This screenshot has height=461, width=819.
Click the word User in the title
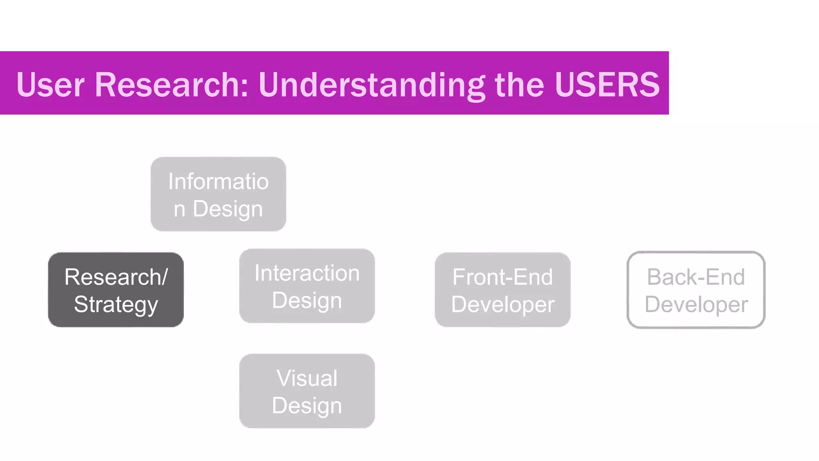[x=50, y=84]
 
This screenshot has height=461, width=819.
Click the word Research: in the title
[x=172, y=84]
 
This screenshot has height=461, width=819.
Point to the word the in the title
[x=519, y=84]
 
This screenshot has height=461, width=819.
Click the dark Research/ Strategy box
[x=116, y=290]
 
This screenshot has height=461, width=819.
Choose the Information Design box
[x=218, y=194]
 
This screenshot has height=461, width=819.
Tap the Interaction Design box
[x=307, y=286]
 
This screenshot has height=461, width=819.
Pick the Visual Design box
[x=307, y=391]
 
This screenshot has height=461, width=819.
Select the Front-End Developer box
[x=502, y=290]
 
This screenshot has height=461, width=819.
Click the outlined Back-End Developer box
[x=696, y=290]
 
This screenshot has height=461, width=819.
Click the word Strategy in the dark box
[x=116, y=305]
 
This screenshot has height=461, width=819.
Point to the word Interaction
[x=307, y=273]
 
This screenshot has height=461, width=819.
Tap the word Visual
[x=307, y=378]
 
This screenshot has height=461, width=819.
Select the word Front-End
[x=502, y=277]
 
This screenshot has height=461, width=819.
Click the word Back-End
[x=696, y=277]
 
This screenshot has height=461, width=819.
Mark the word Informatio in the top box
[x=218, y=181]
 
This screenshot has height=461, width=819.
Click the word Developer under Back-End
[x=696, y=305]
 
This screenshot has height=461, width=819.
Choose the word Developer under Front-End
[x=503, y=305]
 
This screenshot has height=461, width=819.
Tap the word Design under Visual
[x=307, y=406]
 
